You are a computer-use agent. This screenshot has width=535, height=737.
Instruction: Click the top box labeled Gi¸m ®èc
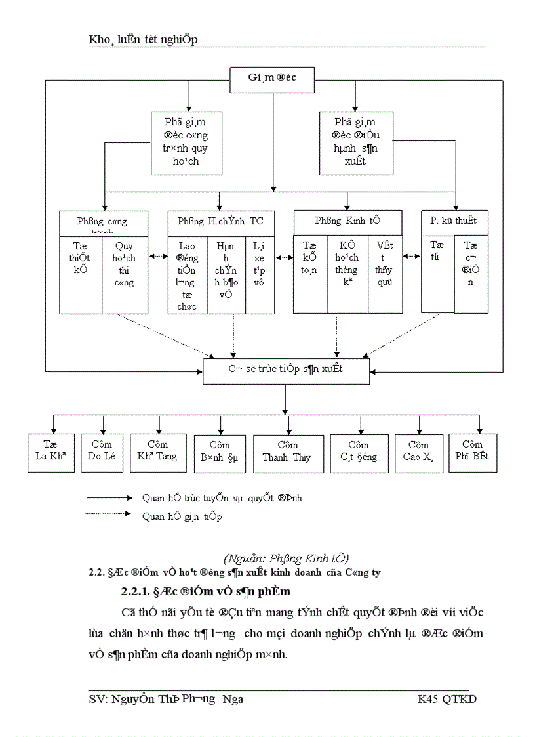coord(271,81)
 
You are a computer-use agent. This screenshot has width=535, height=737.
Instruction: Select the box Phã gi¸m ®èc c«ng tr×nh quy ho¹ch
coord(188,142)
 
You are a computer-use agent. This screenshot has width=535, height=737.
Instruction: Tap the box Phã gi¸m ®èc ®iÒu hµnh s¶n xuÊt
coord(355,142)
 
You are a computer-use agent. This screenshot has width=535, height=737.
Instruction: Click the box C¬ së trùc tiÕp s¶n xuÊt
coord(286,369)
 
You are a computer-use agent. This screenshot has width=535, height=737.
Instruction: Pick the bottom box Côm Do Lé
coord(102,452)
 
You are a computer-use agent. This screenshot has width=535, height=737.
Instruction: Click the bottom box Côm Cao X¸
coord(417,452)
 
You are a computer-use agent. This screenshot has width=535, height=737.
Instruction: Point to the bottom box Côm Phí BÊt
coord(472,452)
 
